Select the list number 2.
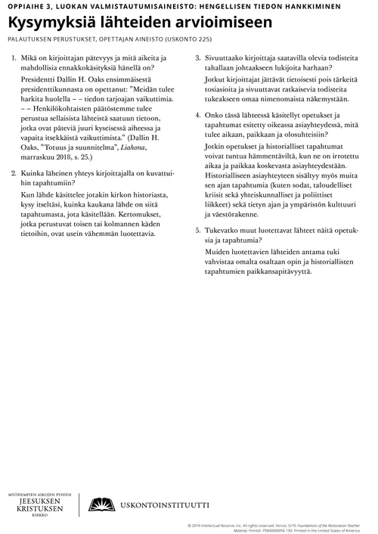14,174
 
